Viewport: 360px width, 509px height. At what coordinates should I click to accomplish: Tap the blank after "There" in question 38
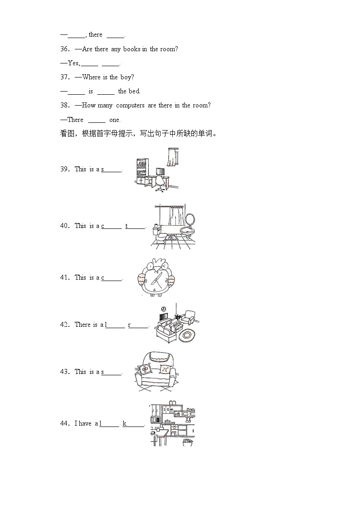tap(97, 120)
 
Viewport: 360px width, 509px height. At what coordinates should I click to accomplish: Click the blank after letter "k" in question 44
tap(136, 424)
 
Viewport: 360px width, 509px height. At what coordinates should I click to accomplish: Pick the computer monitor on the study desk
tap(160, 171)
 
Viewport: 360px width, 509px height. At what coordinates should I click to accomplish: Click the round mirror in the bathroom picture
tap(190, 221)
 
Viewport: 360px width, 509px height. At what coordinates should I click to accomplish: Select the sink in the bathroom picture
tap(187, 232)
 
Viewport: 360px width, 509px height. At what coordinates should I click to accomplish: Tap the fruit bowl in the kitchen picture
tap(187, 441)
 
